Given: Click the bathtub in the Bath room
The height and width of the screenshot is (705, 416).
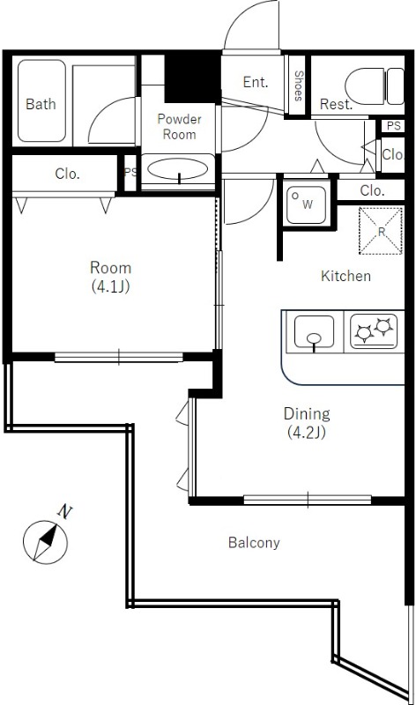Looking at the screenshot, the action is pyautogui.click(x=41, y=101).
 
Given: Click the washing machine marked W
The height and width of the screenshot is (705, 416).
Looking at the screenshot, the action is pyautogui.click(x=307, y=204).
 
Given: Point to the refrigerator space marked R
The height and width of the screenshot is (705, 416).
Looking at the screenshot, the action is pyautogui.click(x=381, y=231).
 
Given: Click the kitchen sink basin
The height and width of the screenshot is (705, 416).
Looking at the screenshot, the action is pyautogui.click(x=314, y=332).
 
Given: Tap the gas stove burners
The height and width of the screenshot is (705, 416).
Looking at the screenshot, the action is pyautogui.click(x=374, y=331).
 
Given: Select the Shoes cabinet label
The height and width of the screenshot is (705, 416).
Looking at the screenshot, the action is pyautogui.click(x=299, y=85).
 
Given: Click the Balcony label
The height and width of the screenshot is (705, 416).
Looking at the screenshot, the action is pyautogui.click(x=254, y=543).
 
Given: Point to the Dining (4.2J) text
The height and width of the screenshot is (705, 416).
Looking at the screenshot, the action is pyautogui.click(x=307, y=423).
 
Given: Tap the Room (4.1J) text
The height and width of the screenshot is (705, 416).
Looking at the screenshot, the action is pyautogui.click(x=111, y=277).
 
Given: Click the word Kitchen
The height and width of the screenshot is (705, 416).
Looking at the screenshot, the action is pyautogui.click(x=345, y=276).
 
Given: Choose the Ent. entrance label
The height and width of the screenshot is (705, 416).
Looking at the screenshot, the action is pyautogui.click(x=256, y=82).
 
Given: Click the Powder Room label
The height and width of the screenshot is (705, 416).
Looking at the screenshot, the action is pyautogui.click(x=179, y=126).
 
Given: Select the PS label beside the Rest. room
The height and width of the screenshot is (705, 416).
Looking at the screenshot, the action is pyautogui.click(x=393, y=126).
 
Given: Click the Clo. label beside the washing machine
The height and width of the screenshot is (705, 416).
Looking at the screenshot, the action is pyautogui.click(x=371, y=190).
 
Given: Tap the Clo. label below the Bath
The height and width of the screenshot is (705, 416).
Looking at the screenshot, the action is pyautogui.click(x=68, y=174).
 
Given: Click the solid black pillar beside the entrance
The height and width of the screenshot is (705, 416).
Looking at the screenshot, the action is pyautogui.click(x=192, y=78).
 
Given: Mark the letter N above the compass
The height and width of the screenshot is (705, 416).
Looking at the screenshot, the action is pyautogui.click(x=65, y=511).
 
